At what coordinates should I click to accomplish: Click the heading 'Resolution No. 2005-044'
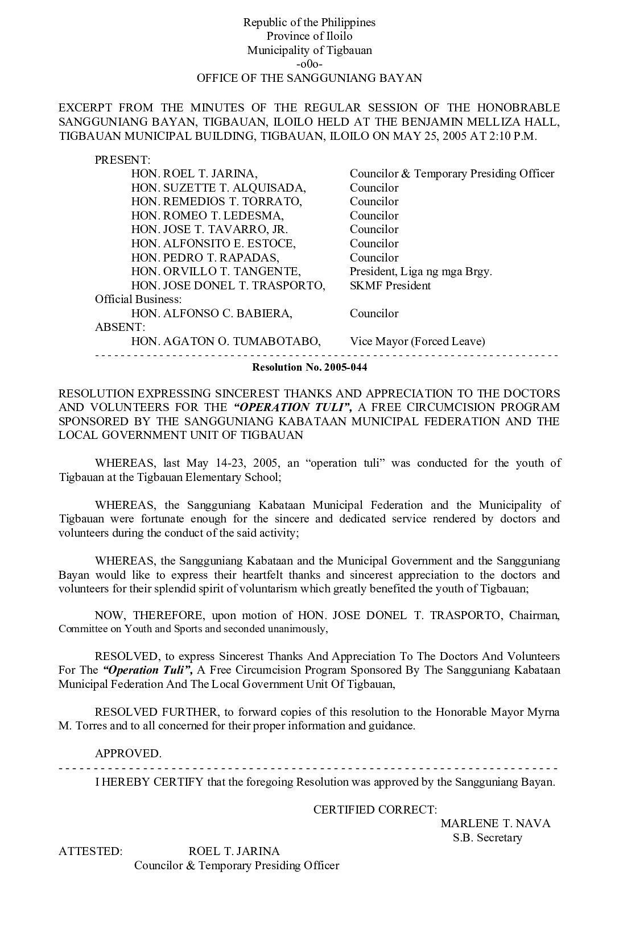309,367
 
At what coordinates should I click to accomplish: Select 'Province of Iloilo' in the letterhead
309,36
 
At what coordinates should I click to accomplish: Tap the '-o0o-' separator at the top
309,64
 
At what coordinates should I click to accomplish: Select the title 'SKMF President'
390,285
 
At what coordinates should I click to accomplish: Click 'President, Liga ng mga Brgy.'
421,271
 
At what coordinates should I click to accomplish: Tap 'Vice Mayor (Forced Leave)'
418,341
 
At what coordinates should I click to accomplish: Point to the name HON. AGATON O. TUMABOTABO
226,341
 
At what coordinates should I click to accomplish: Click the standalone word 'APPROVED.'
128,753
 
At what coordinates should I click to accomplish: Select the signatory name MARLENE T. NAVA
496,823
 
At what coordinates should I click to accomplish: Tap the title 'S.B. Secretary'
488,837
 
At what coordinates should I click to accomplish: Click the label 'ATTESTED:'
90,851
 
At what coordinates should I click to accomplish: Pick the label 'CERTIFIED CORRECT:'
375,810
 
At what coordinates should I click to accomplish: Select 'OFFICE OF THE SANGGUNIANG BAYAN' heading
309,78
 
